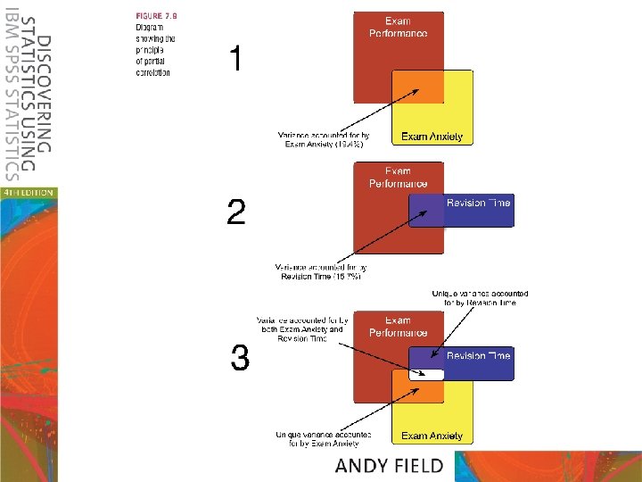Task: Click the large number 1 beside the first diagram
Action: [235, 61]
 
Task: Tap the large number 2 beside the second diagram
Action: [235, 212]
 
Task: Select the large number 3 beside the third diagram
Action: [239, 360]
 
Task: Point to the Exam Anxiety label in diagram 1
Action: [432, 137]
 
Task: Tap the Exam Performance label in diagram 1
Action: [398, 27]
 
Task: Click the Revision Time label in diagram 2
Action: [478, 204]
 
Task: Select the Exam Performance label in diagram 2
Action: [398, 178]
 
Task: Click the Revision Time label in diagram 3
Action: [478, 355]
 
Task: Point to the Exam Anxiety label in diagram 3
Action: [432, 436]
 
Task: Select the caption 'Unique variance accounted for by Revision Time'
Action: [480, 298]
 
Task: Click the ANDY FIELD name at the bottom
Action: [390, 465]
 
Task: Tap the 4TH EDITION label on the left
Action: [28, 191]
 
